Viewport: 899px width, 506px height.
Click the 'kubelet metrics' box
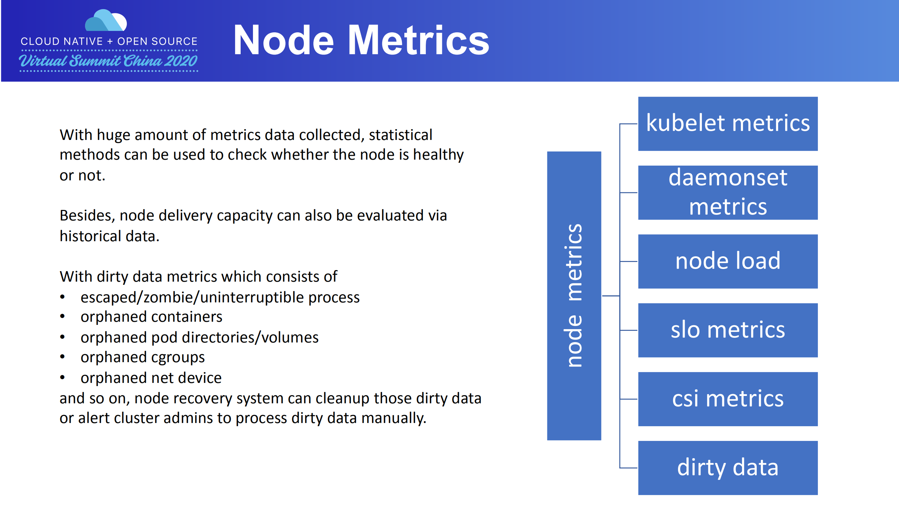(x=728, y=123)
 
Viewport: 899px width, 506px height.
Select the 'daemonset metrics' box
(x=728, y=192)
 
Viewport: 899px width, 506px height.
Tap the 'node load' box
(x=728, y=261)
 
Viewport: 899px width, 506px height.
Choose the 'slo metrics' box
(x=728, y=330)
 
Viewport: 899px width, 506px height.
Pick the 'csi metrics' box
(x=728, y=399)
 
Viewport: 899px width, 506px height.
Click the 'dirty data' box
(x=728, y=468)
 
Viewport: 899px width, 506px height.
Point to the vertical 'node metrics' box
(x=574, y=295)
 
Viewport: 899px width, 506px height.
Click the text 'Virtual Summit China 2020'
(x=108, y=61)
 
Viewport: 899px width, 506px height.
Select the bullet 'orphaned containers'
(x=151, y=317)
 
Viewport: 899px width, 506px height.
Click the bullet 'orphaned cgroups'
(x=142, y=357)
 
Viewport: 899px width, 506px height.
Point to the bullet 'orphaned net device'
(x=151, y=378)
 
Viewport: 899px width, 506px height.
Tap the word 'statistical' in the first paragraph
(x=400, y=135)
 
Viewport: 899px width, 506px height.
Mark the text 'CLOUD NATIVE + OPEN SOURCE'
(x=109, y=41)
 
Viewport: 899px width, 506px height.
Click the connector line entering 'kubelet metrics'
(x=629, y=124)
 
